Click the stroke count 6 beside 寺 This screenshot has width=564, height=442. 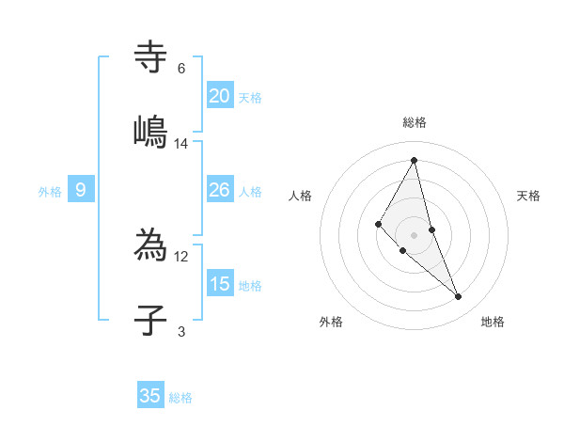[x=181, y=69]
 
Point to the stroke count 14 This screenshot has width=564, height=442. [x=181, y=143]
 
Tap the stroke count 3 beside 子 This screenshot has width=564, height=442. [x=181, y=331]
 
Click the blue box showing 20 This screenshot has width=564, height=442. [x=220, y=96]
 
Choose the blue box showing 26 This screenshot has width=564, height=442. [x=220, y=190]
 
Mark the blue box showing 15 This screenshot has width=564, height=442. [x=220, y=284]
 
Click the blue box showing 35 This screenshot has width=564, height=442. [x=150, y=396]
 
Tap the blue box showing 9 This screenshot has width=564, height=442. [x=81, y=190]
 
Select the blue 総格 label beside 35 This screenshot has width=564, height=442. [x=180, y=398]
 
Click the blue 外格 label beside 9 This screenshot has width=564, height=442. [x=50, y=192]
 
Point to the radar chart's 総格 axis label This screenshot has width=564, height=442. [x=415, y=122]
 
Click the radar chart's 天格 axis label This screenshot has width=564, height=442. [x=529, y=196]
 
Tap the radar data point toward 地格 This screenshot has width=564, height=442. [x=459, y=297]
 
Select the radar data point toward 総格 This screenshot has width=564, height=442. [x=415, y=160]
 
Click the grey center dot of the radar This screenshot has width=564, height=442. [x=415, y=234]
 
